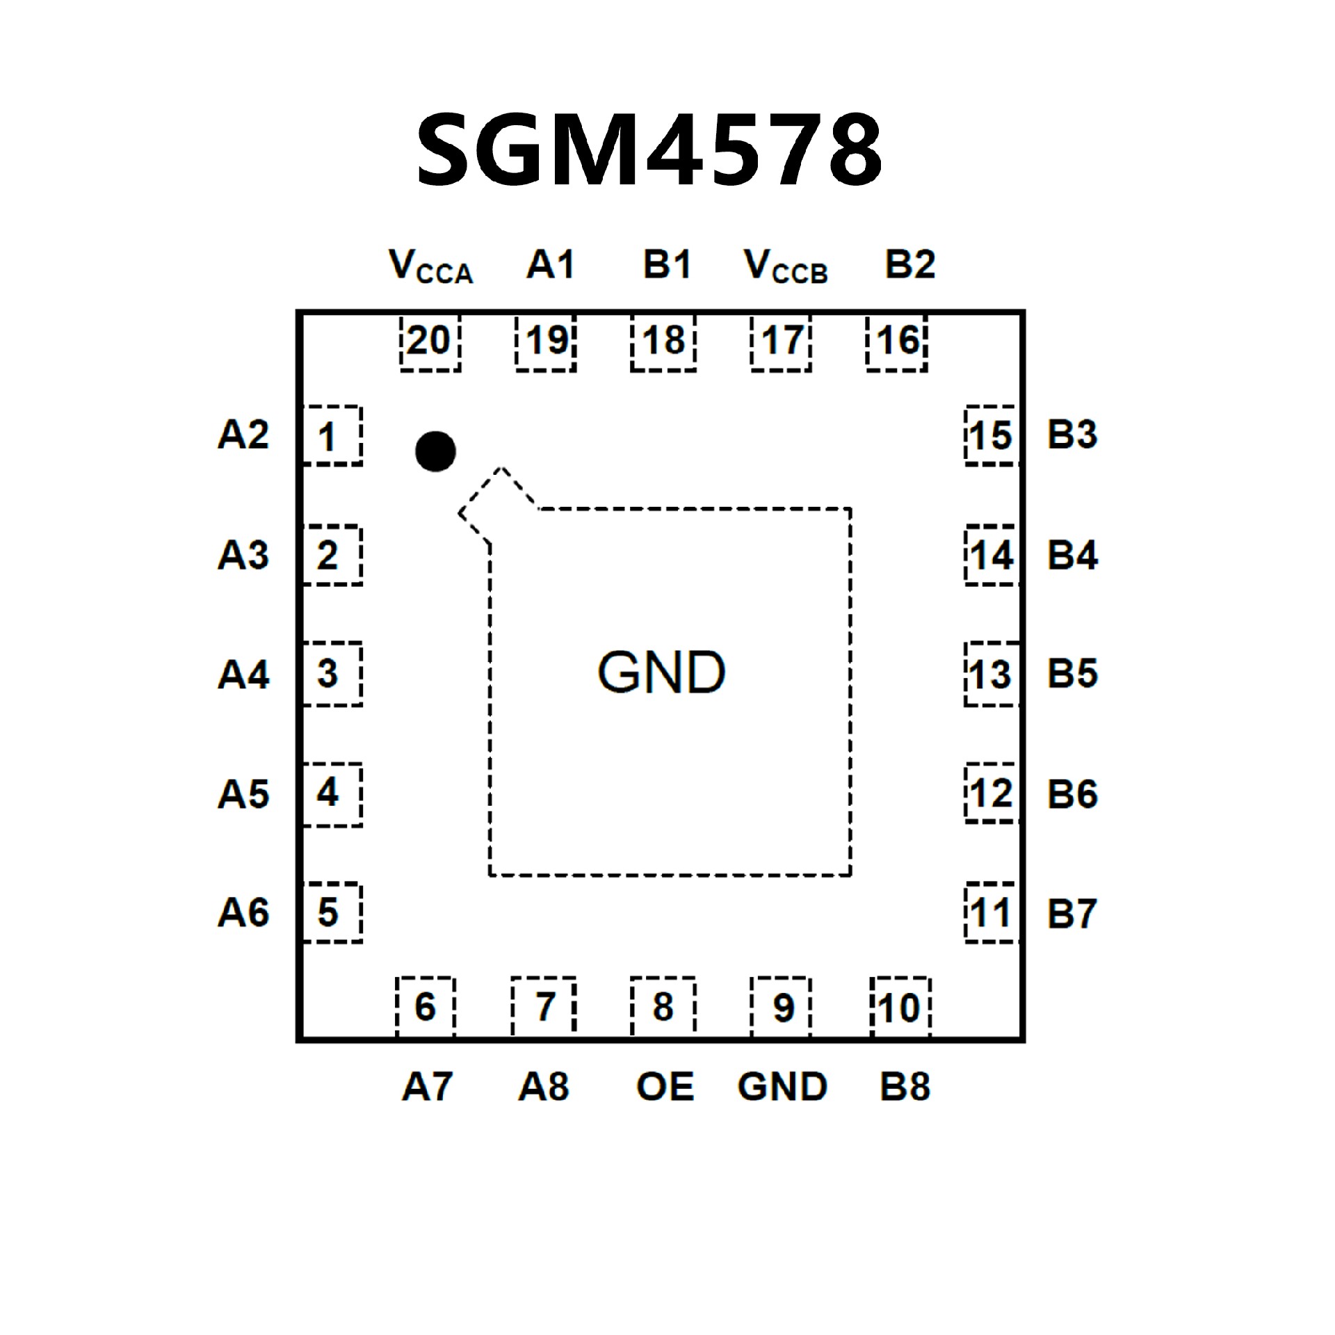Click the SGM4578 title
click(x=649, y=150)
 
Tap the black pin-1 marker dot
click(x=435, y=451)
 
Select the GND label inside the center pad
click(x=661, y=672)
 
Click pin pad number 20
click(x=430, y=342)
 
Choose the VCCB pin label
click(x=786, y=266)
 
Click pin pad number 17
click(x=782, y=342)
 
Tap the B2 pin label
click(x=910, y=265)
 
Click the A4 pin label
click(x=243, y=674)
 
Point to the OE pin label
click(x=665, y=1086)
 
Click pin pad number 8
click(x=663, y=1007)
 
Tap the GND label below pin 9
click(x=782, y=1086)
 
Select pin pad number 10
click(x=900, y=1007)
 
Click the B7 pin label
click(x=1072, y=913)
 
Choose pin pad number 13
click(x=992, y=674)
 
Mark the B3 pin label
click(x=1072, y=435)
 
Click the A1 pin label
click(x=551, y=265)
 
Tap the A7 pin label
click(x=427, y=1086)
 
